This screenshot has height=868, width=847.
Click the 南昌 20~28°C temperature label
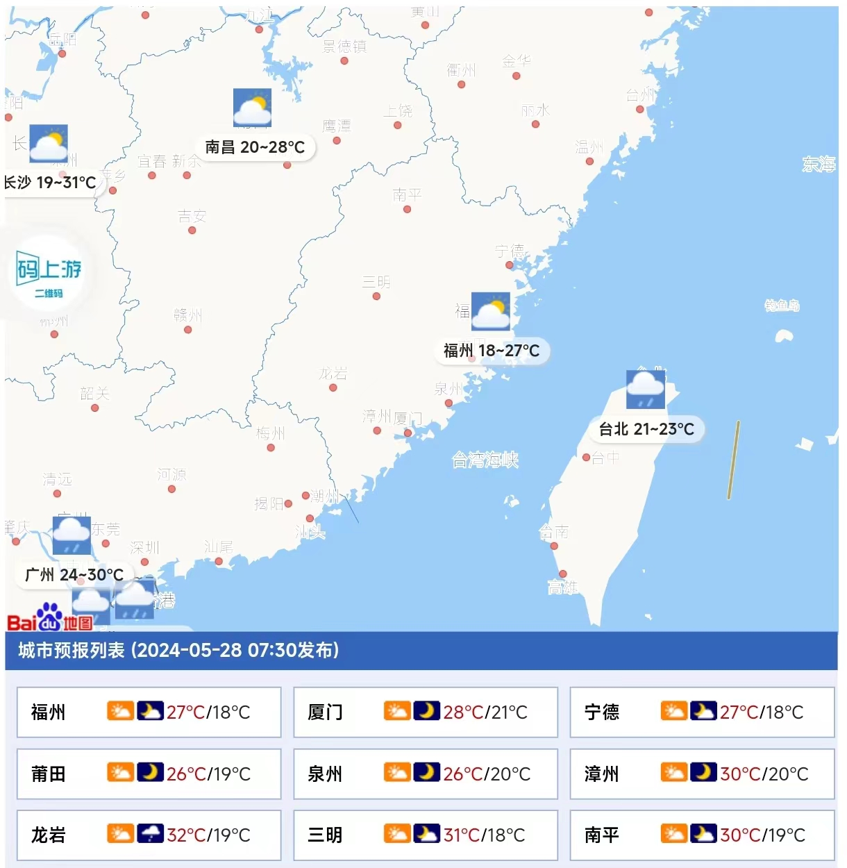click(x=255, y=147)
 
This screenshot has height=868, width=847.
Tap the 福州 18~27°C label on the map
click(x=492, y=351)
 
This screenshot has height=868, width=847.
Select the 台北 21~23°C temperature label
click(x=646, y=429)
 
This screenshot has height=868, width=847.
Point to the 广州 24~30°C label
click(x=74, y=575)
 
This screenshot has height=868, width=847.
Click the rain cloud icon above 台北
click(x=646, y=390)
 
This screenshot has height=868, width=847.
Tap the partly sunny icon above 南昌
click(x=252, y=108)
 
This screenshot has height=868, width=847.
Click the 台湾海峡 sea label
click(x=485, y=460)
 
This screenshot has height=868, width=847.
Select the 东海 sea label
click(x=819, y=164)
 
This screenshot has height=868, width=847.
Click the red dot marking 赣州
click(x=188, y=330)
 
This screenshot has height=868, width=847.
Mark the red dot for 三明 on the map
click(x=376, y=297)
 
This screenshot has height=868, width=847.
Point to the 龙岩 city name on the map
click(x=333, y=374)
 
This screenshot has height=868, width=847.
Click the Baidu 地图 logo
click(x=50, y=617)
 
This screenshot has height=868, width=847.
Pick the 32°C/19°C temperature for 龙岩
click(x=208, y=835)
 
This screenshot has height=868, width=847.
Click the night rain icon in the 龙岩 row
click(x=150, y=833)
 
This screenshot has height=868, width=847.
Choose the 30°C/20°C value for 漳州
click(x=764, y=774)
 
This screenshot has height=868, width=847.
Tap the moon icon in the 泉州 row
click(x=426, y=772)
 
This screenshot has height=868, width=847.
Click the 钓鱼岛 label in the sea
click(x=782, y=306)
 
